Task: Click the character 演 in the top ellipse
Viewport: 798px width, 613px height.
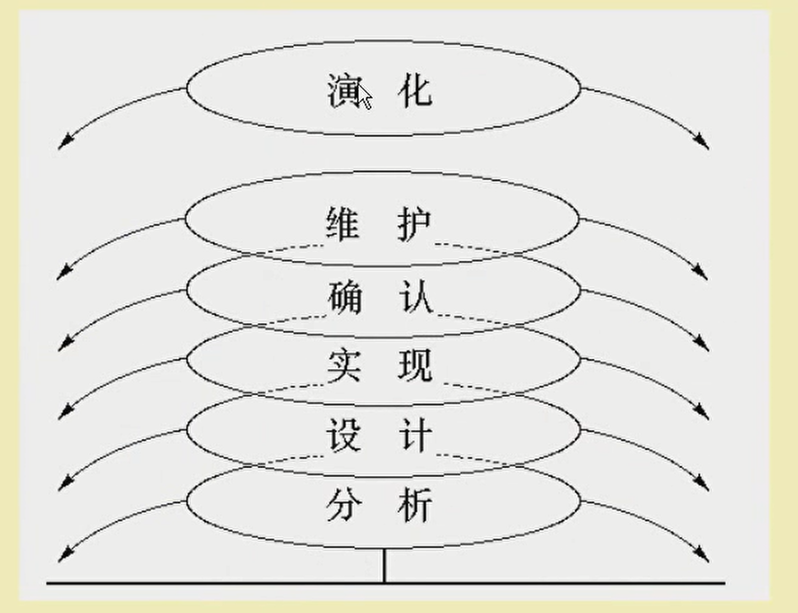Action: click(x=344, y=90)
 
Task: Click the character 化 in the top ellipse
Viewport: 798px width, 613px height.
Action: click(x=414, y=90)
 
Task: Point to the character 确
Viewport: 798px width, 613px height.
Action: click(x=344, y=296)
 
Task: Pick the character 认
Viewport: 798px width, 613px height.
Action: click(x=414, y=296)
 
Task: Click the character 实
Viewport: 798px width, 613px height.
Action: click(x=344, y=366)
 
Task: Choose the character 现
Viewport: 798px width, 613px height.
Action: click(x=414, y=366)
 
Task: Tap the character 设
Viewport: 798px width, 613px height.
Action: click(x=344, y=436)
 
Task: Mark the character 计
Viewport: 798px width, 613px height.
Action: click(x=414, y=436)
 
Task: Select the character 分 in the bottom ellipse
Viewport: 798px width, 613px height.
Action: click(x=344, y=506)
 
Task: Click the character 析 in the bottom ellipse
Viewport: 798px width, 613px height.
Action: click(x=414, y=506)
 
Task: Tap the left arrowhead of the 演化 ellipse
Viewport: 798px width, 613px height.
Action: click(x=62, y=145)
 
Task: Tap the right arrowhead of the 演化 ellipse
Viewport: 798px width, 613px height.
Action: click(x=703, y=144)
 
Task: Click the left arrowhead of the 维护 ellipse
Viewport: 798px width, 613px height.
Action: click(x=62, y=275)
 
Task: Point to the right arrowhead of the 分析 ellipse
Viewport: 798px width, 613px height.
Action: click(x=703, y=556)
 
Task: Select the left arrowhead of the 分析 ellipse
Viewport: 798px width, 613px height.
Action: click(x=62, y=556)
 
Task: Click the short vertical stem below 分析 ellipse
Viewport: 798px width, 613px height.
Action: click(x=385, y=566)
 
